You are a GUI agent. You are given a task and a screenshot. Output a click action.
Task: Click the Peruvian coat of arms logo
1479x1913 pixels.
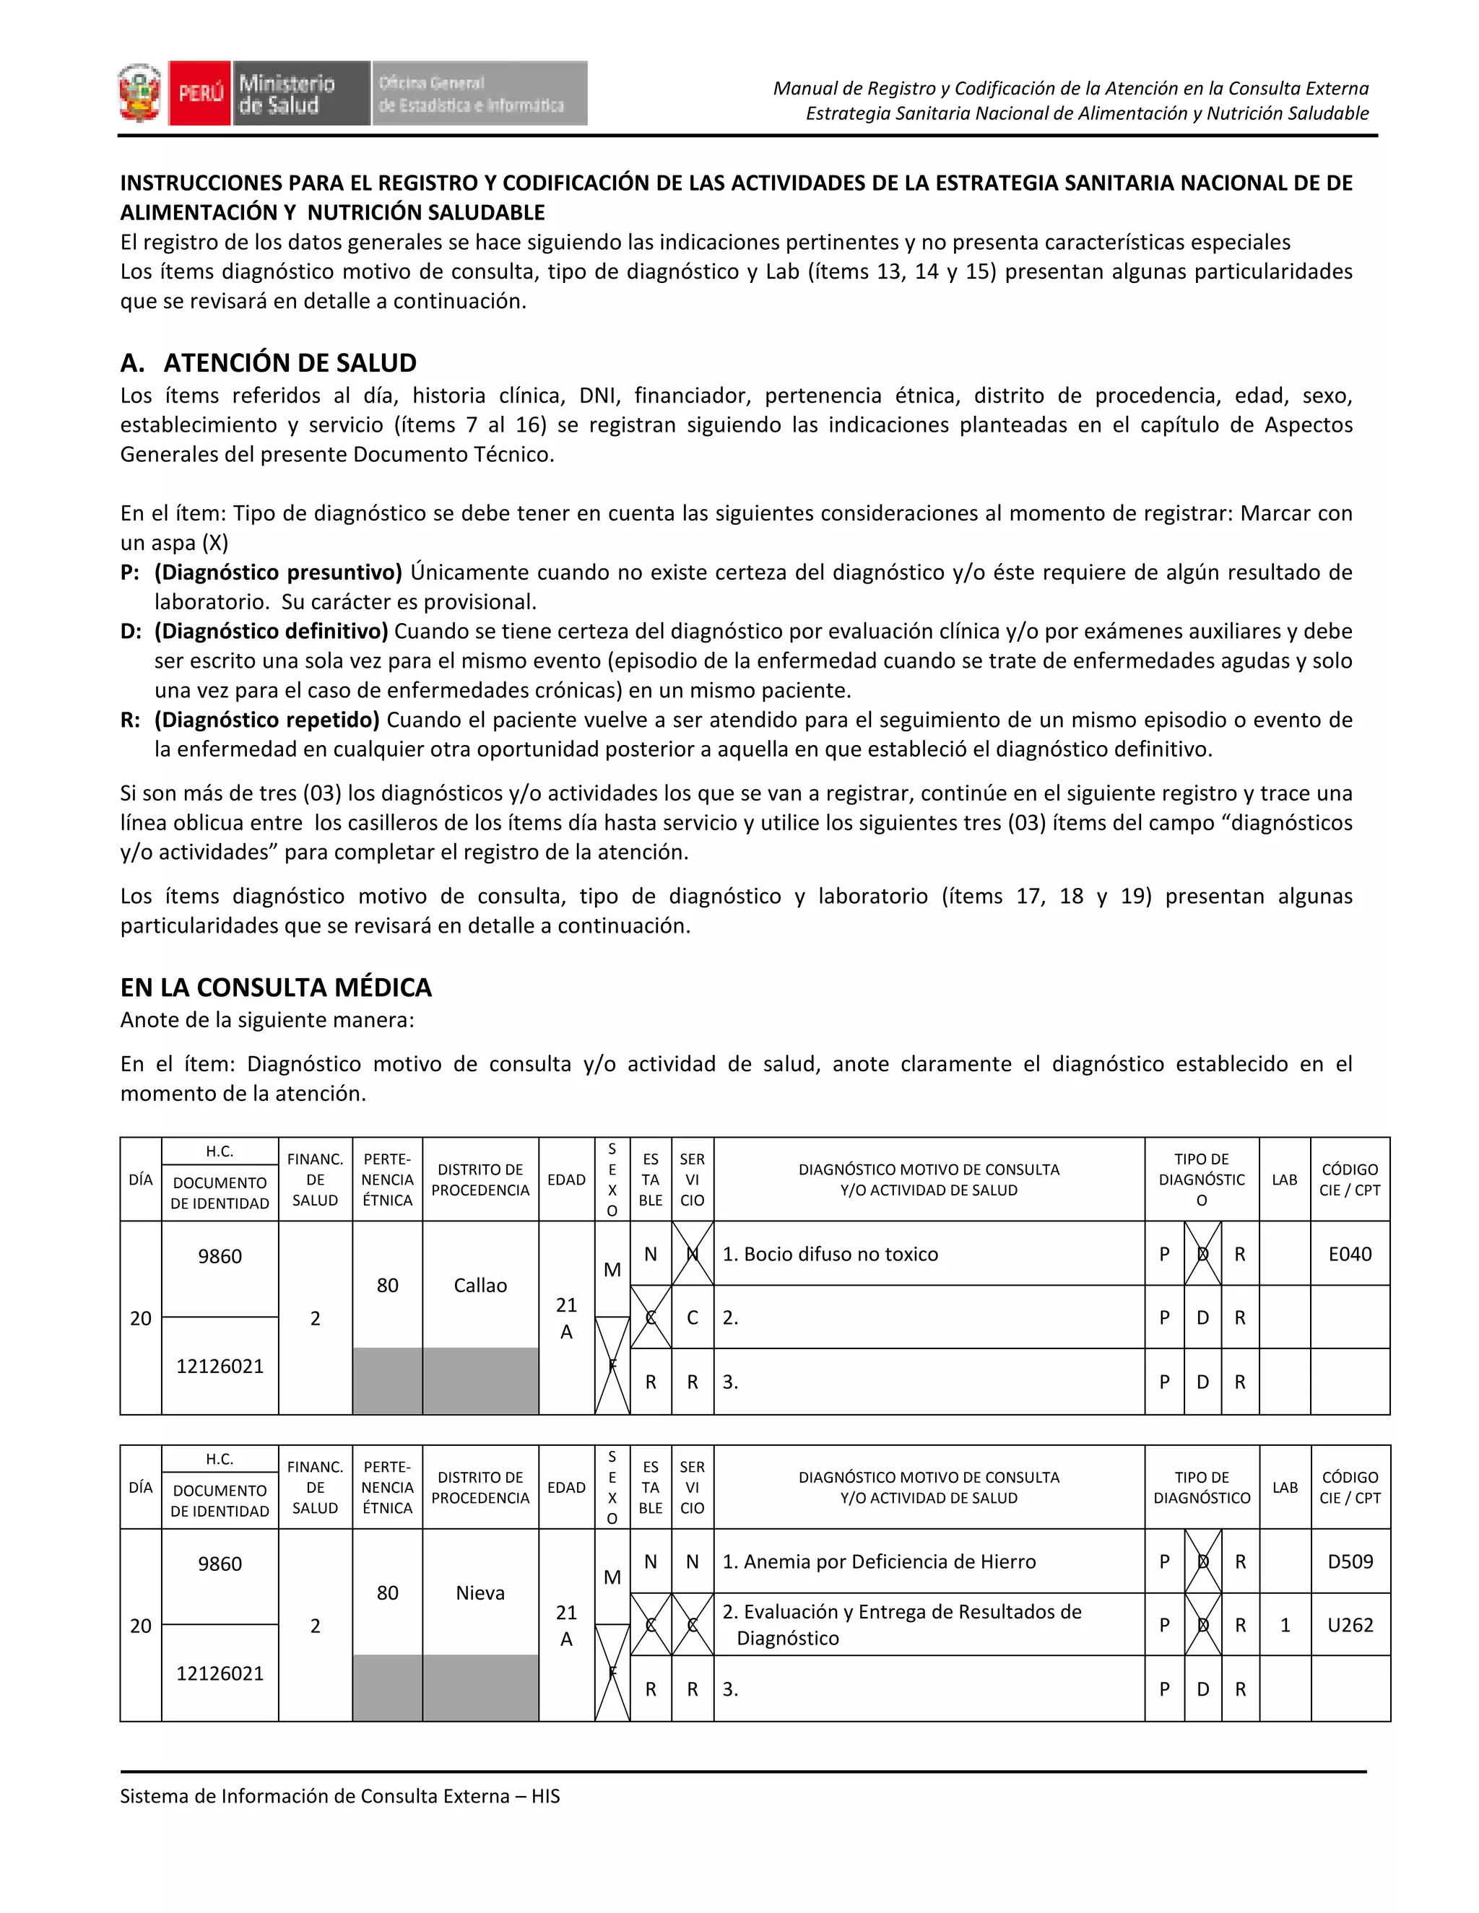140,93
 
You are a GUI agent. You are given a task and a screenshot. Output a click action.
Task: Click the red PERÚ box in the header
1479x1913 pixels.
201,93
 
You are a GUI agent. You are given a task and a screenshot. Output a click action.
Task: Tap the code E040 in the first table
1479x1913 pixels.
1349,1253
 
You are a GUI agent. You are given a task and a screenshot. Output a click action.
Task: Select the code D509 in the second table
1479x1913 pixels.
1349,1561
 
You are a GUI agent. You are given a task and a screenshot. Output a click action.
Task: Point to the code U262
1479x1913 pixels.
1349,1625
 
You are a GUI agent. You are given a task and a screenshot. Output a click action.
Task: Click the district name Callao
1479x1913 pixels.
480,1285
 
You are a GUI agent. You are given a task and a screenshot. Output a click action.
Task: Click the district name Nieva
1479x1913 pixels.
480,1592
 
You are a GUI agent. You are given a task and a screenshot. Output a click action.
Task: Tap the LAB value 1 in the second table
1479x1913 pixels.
1285,1625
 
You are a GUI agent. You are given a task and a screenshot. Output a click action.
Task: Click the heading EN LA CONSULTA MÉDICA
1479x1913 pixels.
276,987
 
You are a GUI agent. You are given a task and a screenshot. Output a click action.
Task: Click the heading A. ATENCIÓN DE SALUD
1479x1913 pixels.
268,362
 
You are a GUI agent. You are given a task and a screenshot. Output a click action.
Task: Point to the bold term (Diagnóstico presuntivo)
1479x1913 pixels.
278,572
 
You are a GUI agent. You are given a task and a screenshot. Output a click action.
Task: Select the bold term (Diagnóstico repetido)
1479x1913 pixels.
267,719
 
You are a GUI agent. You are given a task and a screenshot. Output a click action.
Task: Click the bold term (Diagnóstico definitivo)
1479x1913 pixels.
272,631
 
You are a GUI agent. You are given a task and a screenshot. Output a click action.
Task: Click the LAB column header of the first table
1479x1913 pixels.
1285,1179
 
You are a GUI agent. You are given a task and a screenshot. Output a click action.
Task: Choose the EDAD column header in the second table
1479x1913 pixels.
566,1486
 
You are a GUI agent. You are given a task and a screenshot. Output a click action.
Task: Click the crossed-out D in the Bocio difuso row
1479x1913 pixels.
1202,1253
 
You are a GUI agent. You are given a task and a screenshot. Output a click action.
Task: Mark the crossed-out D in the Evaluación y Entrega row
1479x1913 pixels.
1202,1625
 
